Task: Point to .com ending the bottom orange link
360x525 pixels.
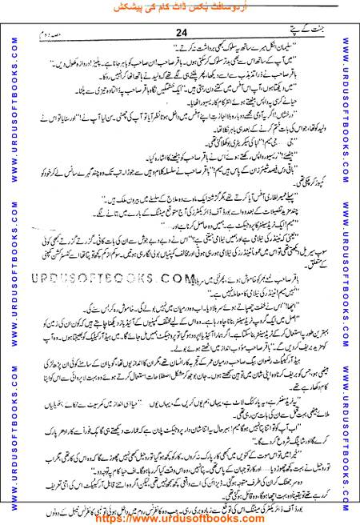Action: coord(239,518)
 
